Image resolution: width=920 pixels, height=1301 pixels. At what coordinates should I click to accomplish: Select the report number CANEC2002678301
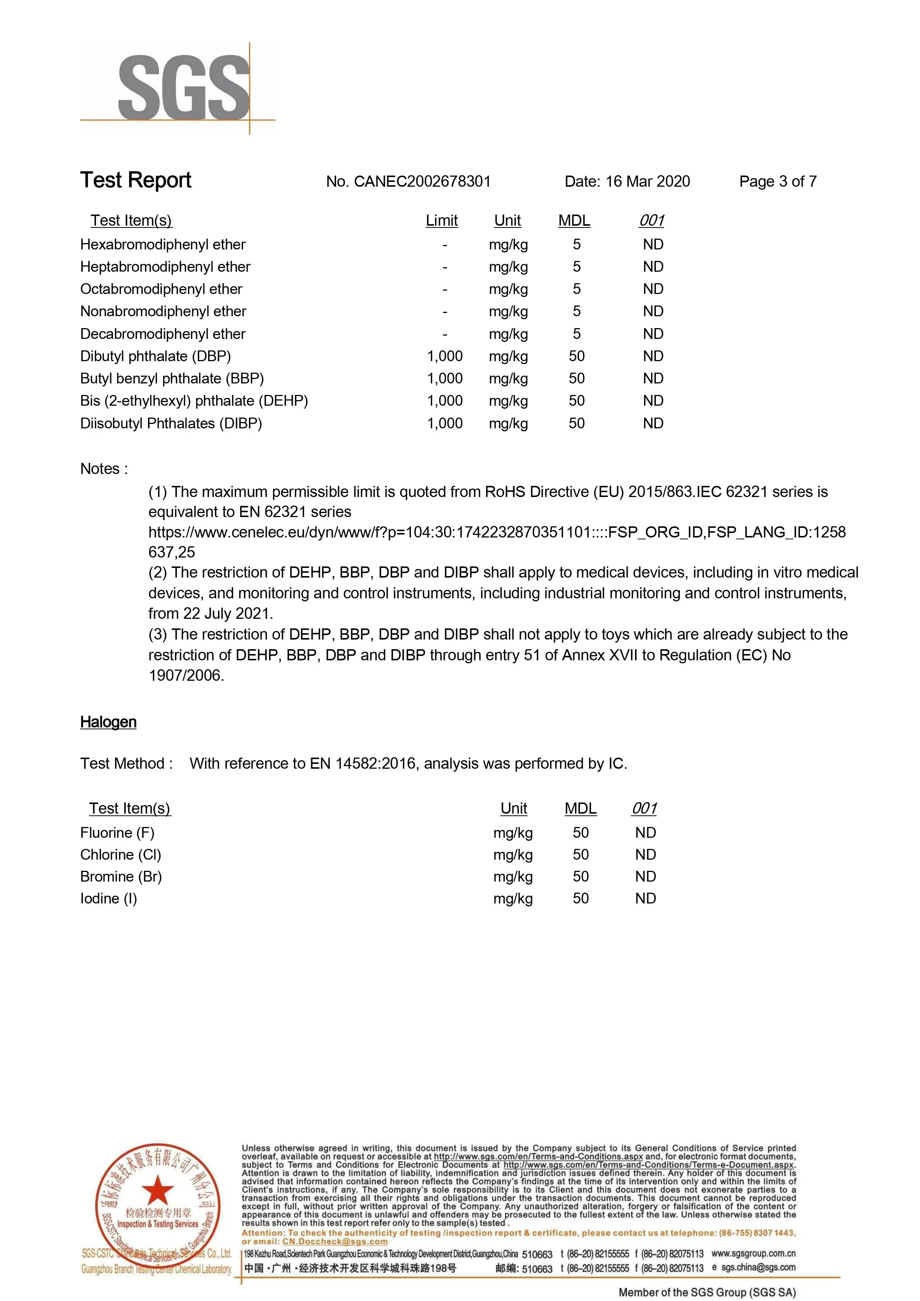[x=422, y=182]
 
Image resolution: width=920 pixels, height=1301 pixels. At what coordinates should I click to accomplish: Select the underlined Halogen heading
[x=108, y=722]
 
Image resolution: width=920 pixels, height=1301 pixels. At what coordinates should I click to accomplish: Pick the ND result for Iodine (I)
[x=645, y=899]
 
